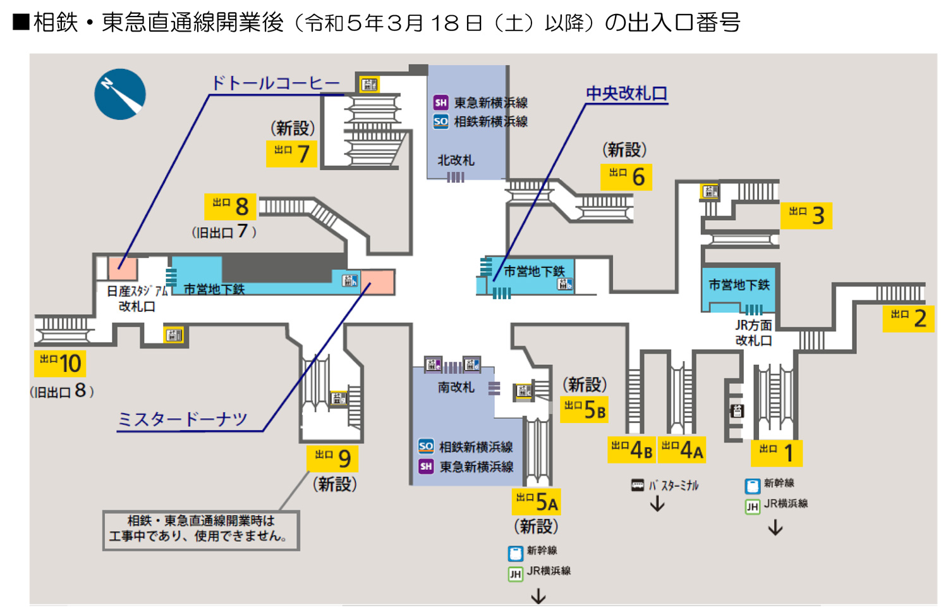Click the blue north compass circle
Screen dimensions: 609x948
point(120,94)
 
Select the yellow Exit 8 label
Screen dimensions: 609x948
point(230,206)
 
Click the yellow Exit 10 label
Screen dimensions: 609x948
point(60,364)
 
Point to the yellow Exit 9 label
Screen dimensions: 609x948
point(332,458)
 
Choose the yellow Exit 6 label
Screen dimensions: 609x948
point(626,177)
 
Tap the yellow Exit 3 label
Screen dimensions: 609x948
point(806,216)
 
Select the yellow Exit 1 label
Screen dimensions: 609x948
point(777,453)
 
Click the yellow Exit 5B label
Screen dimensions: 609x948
point(585,410)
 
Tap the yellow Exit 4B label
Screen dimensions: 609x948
point(631,450)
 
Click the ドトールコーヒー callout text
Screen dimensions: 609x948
point(276,83)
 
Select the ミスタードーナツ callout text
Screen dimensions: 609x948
point(183,419)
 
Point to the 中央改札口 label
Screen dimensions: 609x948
point(626,94)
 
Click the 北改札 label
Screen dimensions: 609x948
point(456,160)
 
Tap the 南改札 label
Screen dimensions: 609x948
point(456,387)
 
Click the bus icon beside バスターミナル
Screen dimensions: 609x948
point(637,486)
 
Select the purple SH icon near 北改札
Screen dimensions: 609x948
point(441,102)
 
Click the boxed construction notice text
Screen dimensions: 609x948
point(201,529)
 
